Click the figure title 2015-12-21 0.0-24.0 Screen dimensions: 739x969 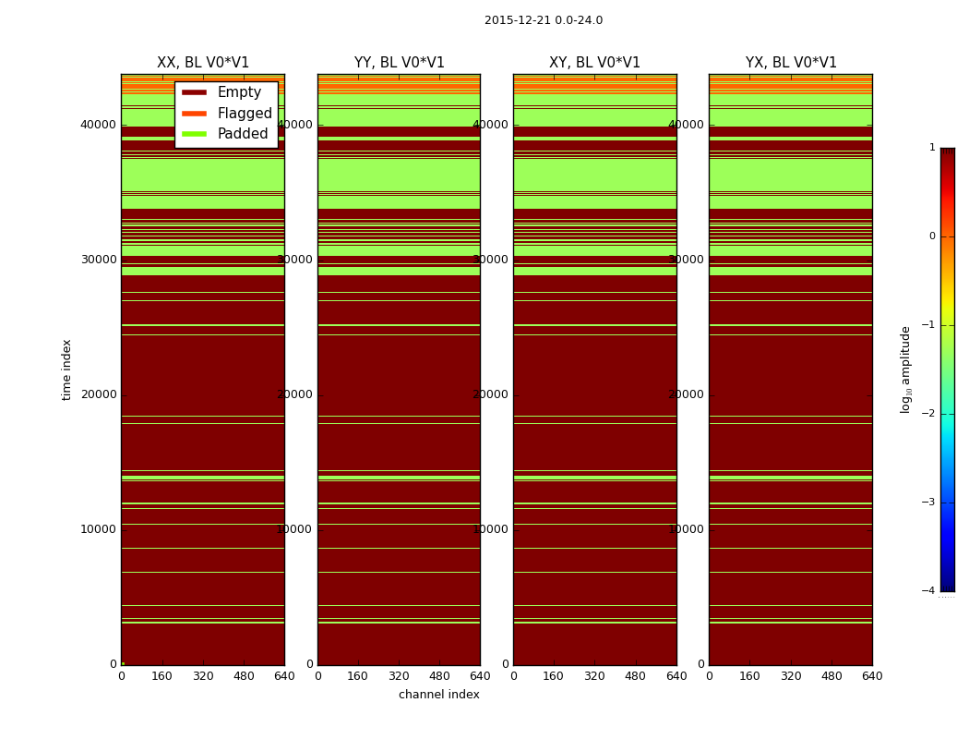pos(543,20)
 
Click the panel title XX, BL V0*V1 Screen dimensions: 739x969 pos(203,63)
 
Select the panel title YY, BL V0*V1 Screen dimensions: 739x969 pos(399,63)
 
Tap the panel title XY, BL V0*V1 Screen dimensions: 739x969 pos(594,63)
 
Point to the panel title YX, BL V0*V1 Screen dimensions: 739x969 pos(791,63)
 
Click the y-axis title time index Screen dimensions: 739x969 pos(66,369)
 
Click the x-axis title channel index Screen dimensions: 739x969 pos(439,695)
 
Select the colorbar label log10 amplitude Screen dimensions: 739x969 pos(906,369)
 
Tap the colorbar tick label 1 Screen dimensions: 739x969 pos(932,148)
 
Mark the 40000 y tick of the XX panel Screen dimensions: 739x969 pos(99,125)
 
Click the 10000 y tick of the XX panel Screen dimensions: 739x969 pos(99,529)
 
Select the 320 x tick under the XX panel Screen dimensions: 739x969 pos(203,676)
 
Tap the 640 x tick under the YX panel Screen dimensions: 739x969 pos(872,676)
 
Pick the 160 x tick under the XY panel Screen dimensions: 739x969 pos(554,676)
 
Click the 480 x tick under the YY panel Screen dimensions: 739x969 pos(439,676)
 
